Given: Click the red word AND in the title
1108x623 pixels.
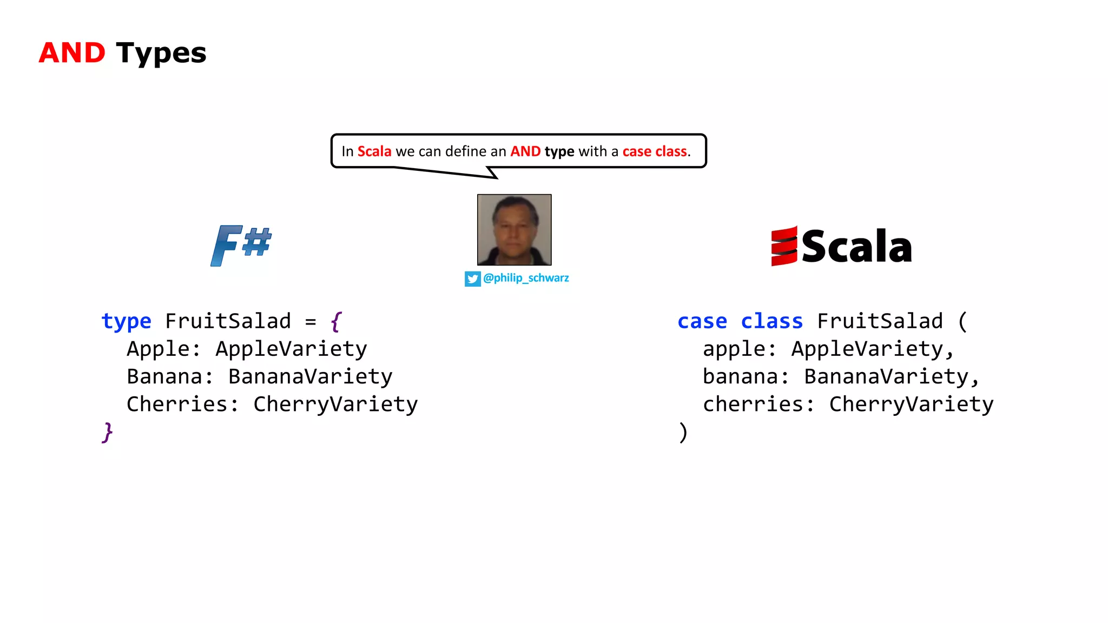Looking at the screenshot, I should (72, 53).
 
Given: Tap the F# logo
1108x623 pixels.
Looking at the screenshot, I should (241, 246).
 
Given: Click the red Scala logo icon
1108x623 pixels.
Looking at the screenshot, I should (784, 247).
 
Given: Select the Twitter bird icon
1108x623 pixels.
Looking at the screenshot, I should (472, 279).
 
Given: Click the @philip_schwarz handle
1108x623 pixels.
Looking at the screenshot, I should (525, 278).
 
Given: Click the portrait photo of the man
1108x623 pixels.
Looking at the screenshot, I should (514, 230).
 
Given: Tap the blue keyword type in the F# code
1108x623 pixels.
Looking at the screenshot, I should (126, 321).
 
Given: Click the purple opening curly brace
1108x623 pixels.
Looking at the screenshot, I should (336, 321).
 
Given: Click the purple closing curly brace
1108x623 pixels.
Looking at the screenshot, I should (107, 433).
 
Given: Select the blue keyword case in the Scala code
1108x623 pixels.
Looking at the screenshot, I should (702, 321).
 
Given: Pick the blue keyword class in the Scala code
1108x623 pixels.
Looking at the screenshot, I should (771, 321).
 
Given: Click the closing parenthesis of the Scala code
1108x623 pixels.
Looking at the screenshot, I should (683, 433).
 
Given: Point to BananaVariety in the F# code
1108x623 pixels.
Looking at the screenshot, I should (310, 376).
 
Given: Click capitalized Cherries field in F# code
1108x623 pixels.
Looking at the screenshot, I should (177, 405).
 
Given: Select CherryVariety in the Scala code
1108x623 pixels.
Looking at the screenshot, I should (911, 405).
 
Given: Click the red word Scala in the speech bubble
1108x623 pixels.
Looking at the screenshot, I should (374, 151).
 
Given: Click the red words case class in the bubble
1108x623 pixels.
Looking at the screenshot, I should (654, 151).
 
